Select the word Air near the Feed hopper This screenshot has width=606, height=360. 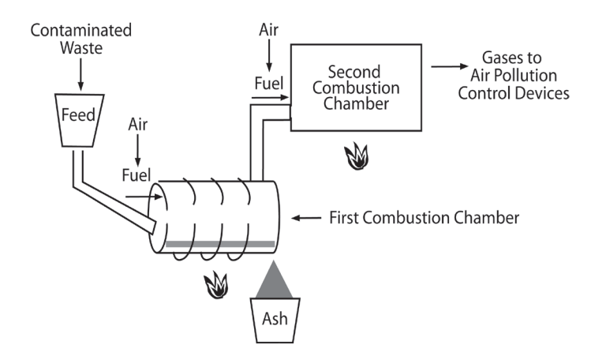(x=137, y=125)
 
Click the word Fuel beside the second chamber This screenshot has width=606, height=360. (x=269, y=81)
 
